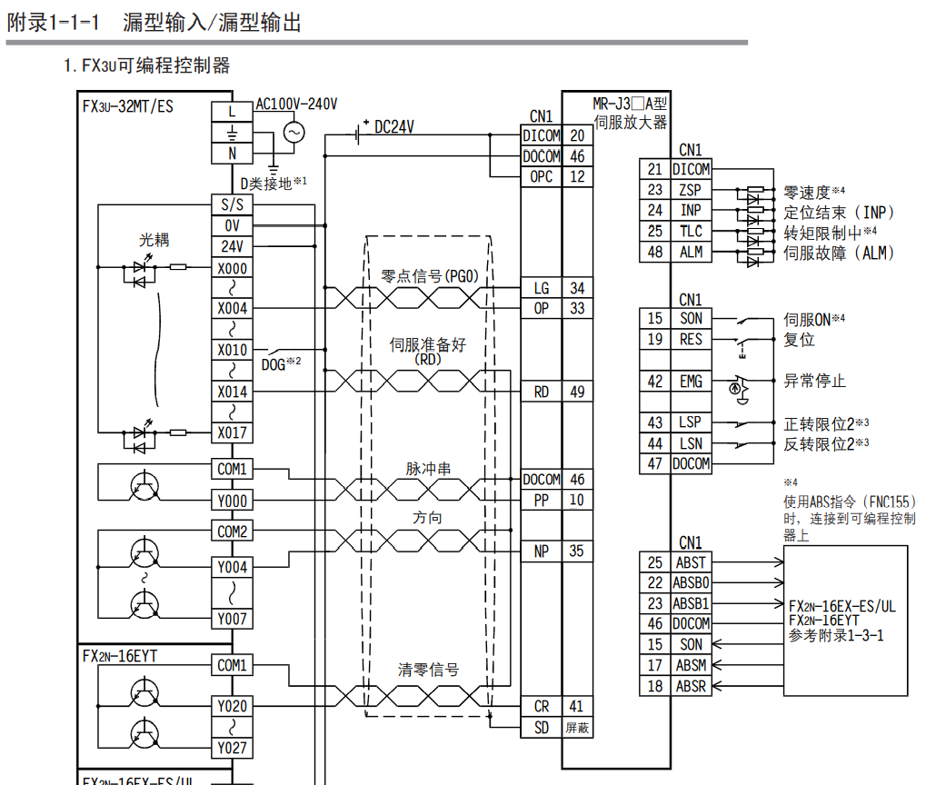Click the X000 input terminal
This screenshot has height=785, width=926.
tap(232, 269)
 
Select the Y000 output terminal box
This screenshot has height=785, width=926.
tap(232, 501)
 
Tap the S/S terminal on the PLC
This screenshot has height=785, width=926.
tap(232, 205)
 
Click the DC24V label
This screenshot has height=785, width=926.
tap(394, 128)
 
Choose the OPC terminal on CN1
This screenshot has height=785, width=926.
tap(542, 177)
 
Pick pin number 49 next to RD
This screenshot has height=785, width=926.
tap(577, 392)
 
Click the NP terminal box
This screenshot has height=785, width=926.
tap(542, 551)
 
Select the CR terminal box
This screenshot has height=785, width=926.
tap(542, 706)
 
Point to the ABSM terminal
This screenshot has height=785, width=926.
tap(692, 665)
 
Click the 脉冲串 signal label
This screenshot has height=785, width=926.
tap(428, 470)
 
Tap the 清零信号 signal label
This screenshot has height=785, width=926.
tap(428, 671)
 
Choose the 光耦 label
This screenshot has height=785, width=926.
tap(154, 240)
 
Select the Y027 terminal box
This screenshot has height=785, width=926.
tap(232, 748)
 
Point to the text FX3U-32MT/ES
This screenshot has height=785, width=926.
tap(128, 106)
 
